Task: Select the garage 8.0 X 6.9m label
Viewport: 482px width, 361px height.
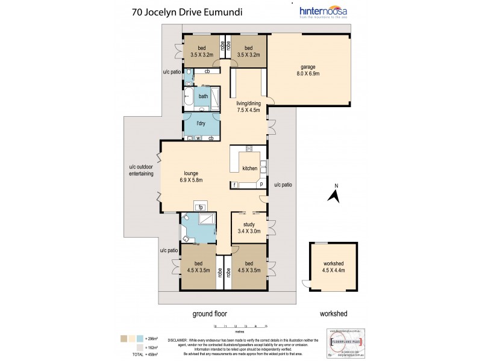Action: click(308, 69)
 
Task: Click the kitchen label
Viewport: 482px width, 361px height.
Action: click(249, 169)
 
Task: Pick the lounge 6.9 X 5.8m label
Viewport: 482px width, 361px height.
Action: click(190, 176)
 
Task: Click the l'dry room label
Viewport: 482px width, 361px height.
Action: click(201, 124)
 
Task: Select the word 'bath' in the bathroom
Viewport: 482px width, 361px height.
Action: click(204, 96)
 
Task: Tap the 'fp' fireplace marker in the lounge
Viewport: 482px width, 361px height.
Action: click(199, 208)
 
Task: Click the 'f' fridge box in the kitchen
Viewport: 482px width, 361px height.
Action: click(234, 185)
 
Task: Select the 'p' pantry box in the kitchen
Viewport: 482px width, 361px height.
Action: click(261, 185)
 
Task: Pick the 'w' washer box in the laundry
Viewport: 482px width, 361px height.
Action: click(198, 138)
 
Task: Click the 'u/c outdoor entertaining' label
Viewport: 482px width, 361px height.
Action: click(142, 170)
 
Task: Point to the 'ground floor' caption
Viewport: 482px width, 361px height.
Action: click(210, 313)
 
